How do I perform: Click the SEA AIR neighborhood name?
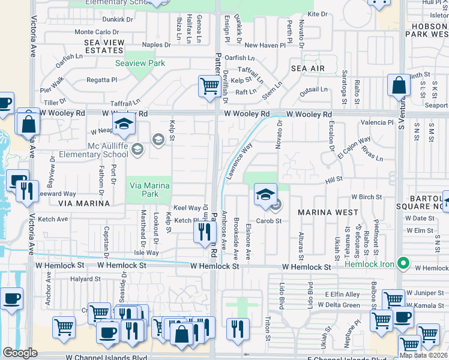click(308, 69)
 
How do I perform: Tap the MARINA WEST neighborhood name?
click(328, 212)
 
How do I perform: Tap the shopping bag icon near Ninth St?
click(399, 86)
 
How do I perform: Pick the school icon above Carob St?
click(265, 194)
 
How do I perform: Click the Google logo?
click(20, 352)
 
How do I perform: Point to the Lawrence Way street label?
click(238, 160)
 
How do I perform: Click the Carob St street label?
click(270, 221)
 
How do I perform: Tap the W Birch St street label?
click(367, 197)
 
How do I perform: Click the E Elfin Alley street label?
click(342, 294)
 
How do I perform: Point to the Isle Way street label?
click(146, 253)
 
